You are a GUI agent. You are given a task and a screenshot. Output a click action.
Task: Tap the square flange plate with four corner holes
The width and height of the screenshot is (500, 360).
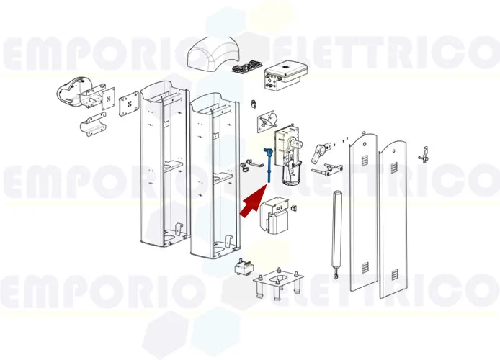pyautogui.click(x=129, y=102)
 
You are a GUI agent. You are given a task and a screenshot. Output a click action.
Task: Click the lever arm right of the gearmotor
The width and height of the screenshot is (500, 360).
pyautogui.click(x=318, y=150)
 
